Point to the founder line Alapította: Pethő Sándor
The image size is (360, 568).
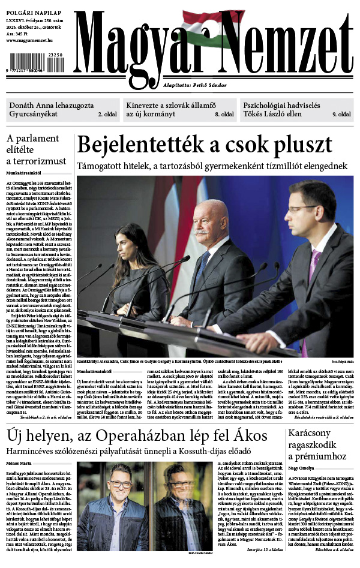click(191, 85)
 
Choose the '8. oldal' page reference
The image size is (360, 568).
click(224, 114)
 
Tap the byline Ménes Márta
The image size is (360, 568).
click(19, 463)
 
